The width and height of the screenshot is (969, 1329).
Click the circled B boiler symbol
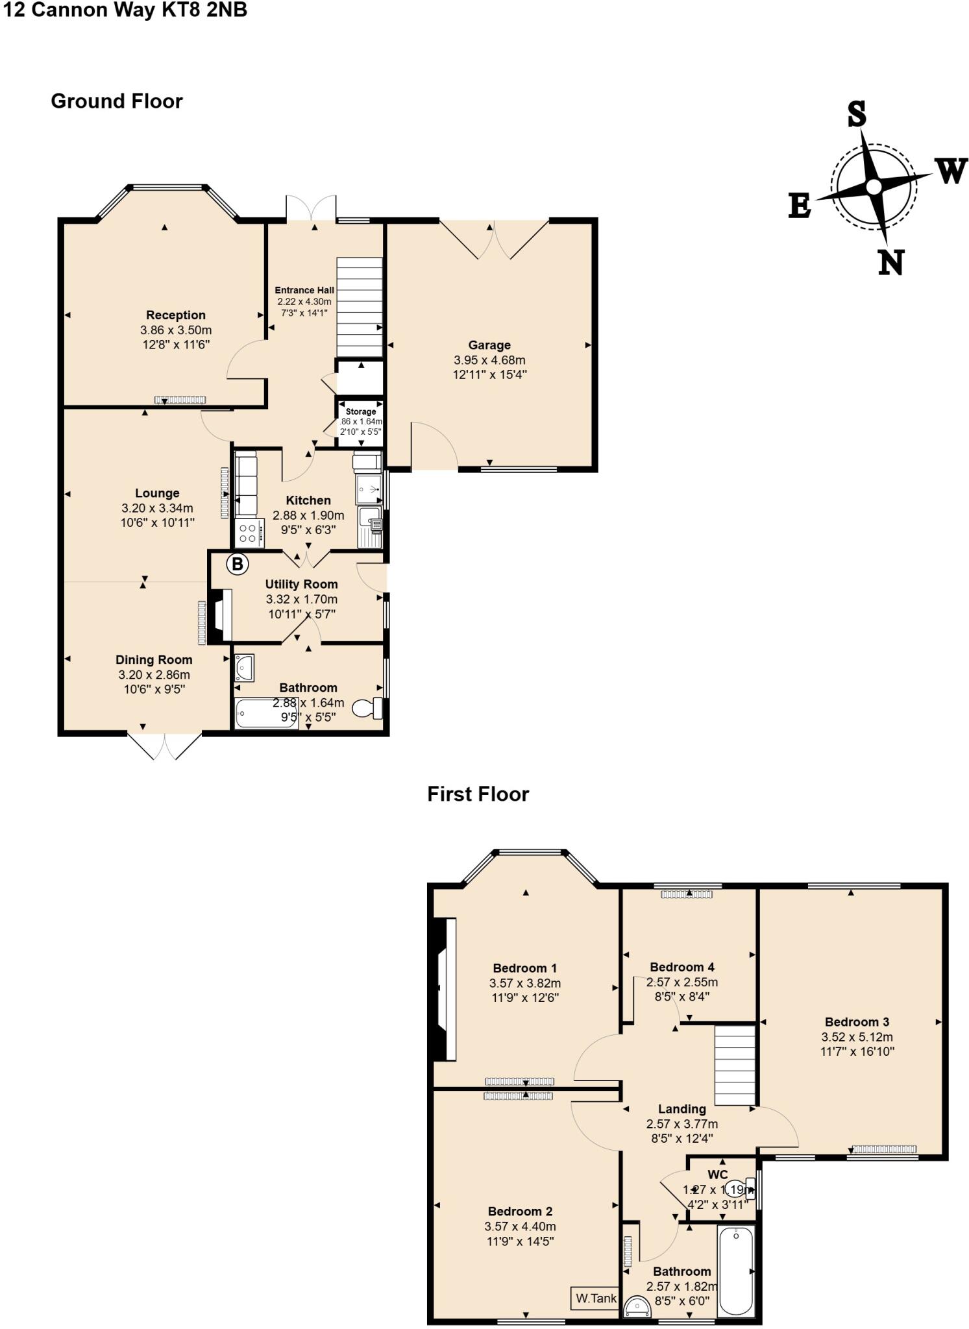(x=238, y=564)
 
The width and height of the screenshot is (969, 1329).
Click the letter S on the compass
(x=857, y=114)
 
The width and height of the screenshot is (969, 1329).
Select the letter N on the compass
(x=891, y=263)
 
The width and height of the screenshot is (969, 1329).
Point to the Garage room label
(x=489, y=345)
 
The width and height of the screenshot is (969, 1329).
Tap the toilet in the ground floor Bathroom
(x=367, y=708)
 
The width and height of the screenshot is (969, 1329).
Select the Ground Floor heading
(x=117, y=101)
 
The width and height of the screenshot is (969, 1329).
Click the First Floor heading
(x=478, y=794)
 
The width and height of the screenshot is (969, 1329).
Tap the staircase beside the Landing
(x=735, y=1064)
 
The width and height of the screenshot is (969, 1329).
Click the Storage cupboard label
(x=360, y=411)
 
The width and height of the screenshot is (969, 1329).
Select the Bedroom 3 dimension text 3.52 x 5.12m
(x=857, y=1037)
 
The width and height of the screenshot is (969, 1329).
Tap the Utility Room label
(x=301, y=584)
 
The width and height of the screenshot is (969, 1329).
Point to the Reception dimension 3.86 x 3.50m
(x=176, y=330)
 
